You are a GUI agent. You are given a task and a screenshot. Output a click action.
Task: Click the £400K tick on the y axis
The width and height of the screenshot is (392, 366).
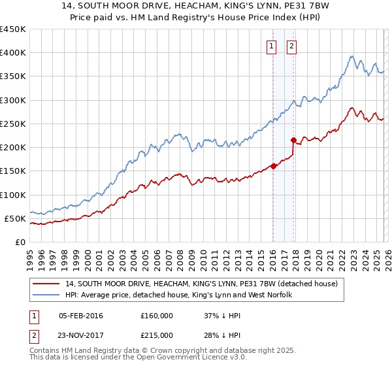[13, 53]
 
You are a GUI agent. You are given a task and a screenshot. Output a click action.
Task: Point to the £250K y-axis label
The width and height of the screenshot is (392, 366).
[13, 124]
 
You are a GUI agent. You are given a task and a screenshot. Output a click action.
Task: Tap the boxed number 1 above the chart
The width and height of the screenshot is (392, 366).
[271, 46]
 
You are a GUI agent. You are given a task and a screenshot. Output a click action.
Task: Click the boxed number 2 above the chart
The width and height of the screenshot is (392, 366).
[291, 46]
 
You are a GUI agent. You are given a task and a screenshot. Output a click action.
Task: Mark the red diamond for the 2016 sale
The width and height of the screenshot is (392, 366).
[273, 166]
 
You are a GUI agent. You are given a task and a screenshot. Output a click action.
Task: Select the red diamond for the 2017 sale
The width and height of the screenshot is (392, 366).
[293, 140]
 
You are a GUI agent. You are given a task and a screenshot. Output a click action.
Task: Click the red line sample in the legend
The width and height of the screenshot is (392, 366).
[46, 284]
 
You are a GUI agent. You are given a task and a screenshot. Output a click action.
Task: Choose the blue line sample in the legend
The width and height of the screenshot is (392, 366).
[46, 295]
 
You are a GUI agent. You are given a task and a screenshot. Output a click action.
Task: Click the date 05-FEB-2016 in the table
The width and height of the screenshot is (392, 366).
[80, 316]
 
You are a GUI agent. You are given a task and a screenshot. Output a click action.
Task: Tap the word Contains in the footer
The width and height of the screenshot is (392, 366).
[47, 351]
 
